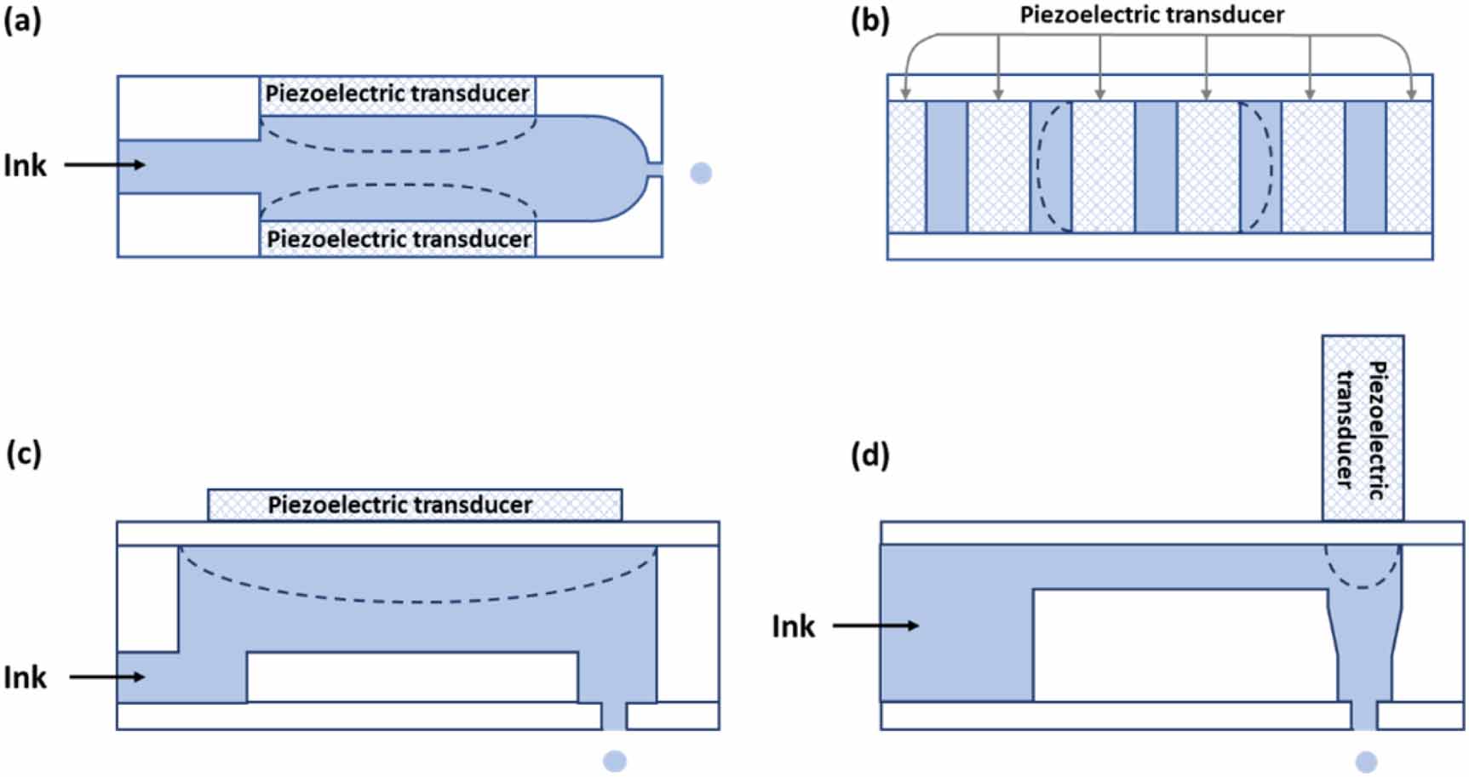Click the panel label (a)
[22, 20]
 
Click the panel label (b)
[869, 20]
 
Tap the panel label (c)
[23, 454]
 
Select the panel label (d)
[869, 456]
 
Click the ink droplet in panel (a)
[700, 174]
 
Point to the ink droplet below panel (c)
[614, 761]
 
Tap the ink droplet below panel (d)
[1365, 762]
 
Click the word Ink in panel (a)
[25, 165]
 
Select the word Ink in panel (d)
[793, 626]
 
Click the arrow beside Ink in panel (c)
[107, 677]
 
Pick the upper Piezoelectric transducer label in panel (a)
[397, 94]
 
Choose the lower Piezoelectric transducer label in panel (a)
[399, 239]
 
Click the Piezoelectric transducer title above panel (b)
[1151, 14]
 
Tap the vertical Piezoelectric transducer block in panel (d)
[1363, 427]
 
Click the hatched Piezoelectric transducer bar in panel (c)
[415, 505]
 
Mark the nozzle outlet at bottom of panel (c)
[614, 717]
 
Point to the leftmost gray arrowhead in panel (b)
[906, 94]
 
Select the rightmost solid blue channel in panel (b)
[1365, 167]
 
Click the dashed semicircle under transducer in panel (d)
[1363, 568]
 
